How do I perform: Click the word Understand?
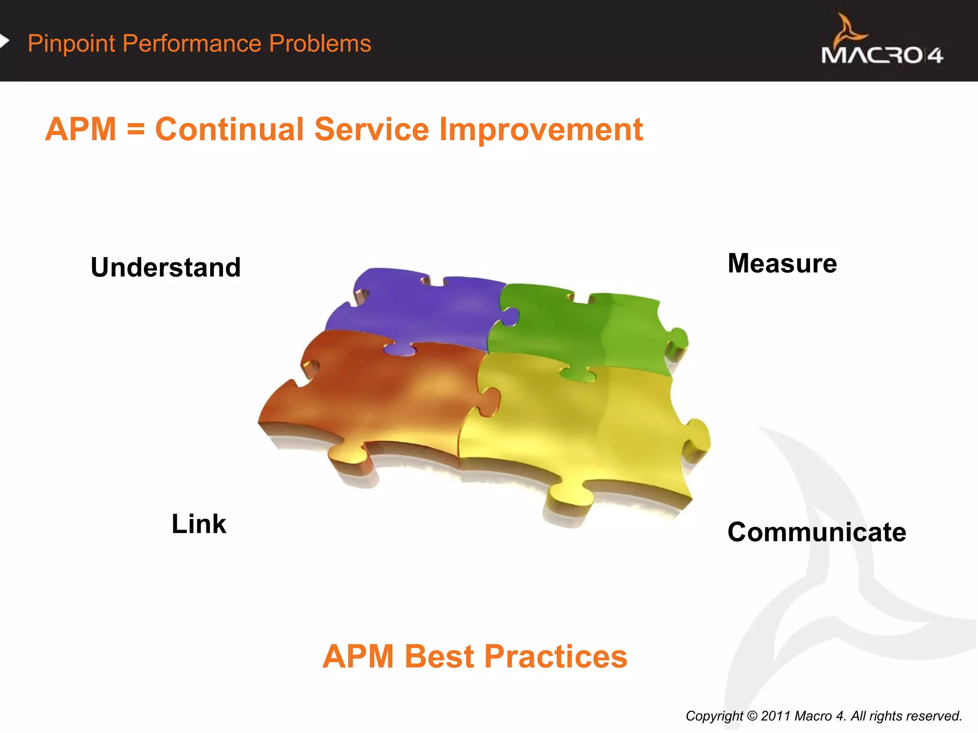coord(166,267)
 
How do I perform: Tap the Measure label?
coord(782,263)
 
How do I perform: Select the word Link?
coord(199,524)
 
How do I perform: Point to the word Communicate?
coord(816,532)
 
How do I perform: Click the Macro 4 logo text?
coord(882,55)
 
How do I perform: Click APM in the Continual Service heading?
coord(81,129)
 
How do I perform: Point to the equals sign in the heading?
coord(136,130)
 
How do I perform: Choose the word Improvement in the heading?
coord(541,130)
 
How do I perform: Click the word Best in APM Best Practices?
coord(440,657)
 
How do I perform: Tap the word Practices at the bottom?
coord(555,657)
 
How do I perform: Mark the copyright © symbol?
coord(752,716)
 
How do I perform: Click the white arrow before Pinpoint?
coord(4,42)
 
